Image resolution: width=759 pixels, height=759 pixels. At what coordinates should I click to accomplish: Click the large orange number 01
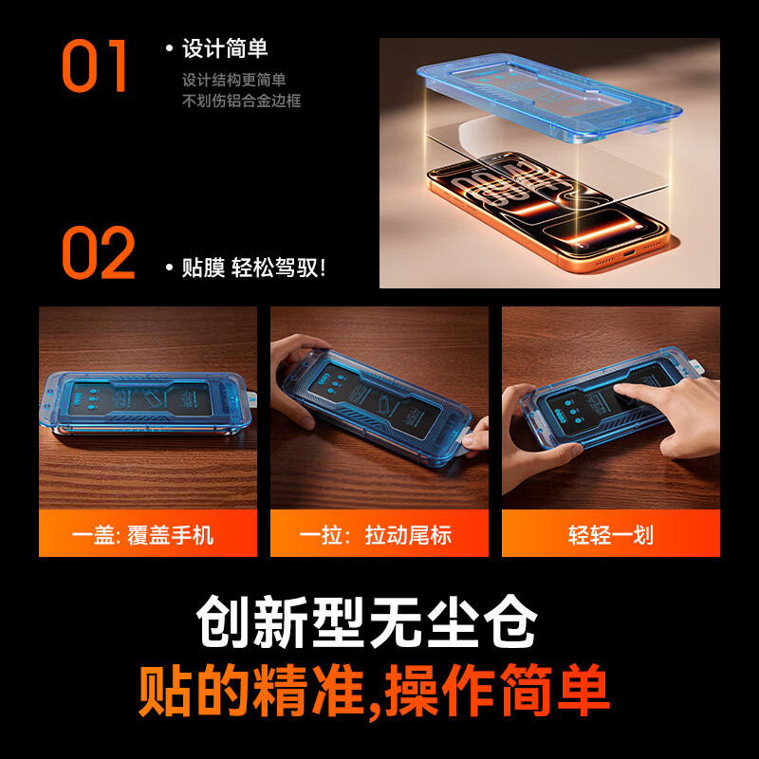[95, 65]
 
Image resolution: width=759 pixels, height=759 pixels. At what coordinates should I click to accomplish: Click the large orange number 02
[99, 253]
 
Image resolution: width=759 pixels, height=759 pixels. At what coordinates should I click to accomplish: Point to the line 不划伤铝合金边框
[241, 101]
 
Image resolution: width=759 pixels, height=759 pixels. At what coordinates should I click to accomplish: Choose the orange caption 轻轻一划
[611, 534]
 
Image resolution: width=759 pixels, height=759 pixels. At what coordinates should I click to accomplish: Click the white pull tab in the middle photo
[471, 439]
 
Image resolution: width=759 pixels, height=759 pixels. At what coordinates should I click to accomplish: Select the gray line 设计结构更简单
[234, 81]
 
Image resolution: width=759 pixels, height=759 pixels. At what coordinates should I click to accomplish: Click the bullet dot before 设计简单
[169, 48]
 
